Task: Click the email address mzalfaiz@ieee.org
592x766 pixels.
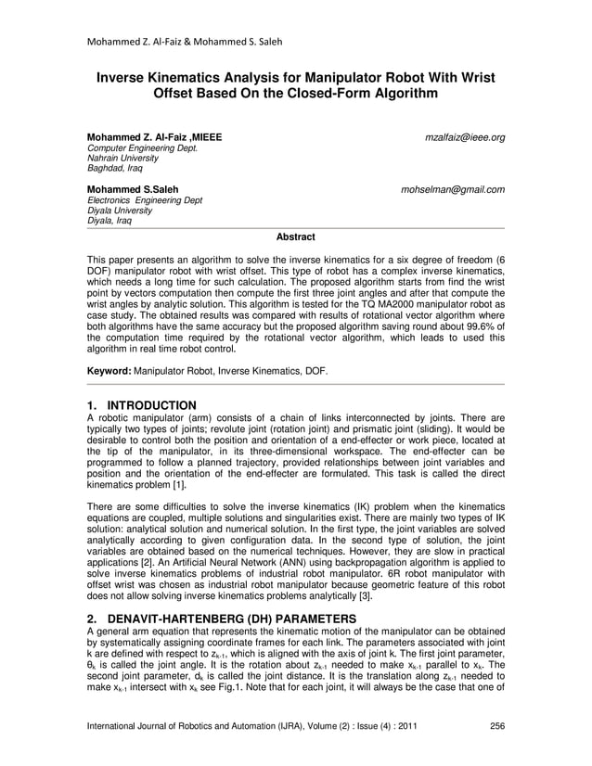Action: click(x=464, y=137)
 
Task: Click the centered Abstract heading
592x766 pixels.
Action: click(x=296, y=237)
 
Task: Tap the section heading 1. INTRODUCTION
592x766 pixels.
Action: click(x=141, y=405)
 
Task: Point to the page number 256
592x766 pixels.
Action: click(x=496, y=725)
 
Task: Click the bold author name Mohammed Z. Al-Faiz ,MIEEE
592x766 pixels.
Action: click(x=154, y=137)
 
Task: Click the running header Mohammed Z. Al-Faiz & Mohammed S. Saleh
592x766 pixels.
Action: click(x=184, y=41)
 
